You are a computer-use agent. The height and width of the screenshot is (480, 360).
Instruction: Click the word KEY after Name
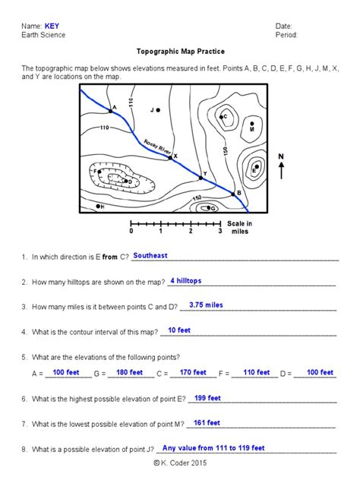(52, 26)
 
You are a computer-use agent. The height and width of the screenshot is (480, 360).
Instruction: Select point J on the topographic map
(158, 110)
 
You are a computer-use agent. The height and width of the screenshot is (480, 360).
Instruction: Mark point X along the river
(171, 157)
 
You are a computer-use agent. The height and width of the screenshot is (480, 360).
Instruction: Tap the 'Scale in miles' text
(239, 227)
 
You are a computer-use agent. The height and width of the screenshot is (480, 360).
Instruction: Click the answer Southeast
(150, 256)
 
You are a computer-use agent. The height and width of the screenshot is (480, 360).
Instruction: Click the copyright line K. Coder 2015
(180, 463)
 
